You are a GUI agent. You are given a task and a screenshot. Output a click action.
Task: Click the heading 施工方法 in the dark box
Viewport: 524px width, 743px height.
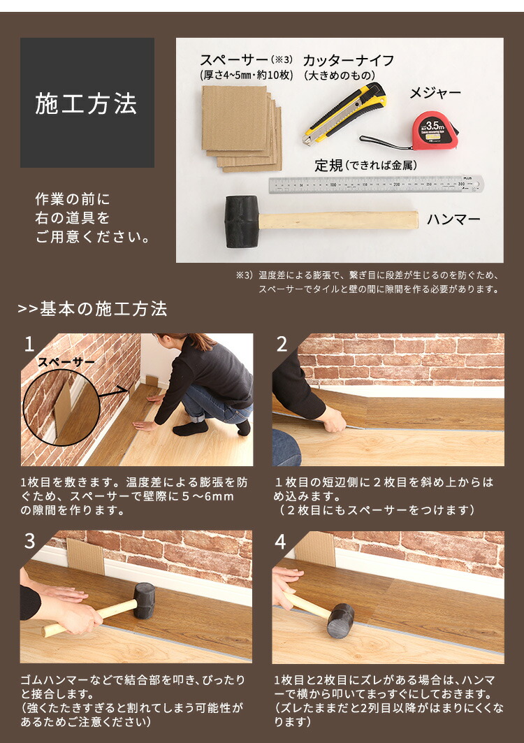point(87,103)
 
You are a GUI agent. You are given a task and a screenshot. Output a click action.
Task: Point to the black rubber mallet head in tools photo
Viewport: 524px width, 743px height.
point(241,221)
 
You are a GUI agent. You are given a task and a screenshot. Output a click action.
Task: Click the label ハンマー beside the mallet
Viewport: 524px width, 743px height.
point(453,219)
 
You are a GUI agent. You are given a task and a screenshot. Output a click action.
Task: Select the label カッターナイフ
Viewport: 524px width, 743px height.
point(348,60)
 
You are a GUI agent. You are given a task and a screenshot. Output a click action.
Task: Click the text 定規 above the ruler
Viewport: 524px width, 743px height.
point(328,166)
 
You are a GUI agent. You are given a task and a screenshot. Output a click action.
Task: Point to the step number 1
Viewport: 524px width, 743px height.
point(29,344)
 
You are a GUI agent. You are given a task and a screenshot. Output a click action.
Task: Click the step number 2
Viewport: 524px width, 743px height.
point(282,344)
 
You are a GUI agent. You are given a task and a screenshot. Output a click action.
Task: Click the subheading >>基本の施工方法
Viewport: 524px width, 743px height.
point(92,308)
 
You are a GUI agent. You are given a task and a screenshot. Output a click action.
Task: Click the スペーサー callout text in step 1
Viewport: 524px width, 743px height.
point(66,361)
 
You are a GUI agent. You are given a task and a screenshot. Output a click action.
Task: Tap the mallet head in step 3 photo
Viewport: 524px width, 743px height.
point(145,600)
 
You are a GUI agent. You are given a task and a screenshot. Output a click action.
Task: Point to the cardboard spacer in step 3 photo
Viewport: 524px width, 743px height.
point(85,556)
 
